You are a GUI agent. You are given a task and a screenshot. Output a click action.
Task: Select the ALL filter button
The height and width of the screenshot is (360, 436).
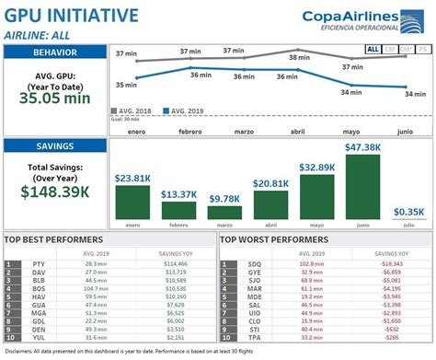point(373,50)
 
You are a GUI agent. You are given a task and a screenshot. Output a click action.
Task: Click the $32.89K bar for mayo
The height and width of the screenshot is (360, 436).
point(316,197)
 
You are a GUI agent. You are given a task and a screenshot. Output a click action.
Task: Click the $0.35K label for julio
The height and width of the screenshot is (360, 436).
point(406,211)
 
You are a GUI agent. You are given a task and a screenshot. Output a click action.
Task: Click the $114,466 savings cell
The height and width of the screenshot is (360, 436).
point(175,263)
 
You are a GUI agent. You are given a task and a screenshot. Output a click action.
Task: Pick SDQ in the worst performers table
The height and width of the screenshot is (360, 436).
point(254,263)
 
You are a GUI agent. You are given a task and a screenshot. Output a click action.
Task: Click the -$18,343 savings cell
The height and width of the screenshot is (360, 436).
point(393,263)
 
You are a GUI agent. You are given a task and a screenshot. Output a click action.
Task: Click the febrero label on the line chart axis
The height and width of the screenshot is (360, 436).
point(190,131)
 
